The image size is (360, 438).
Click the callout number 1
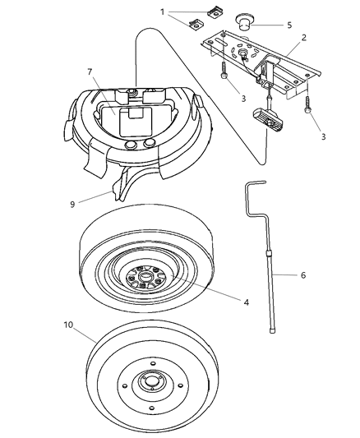163,12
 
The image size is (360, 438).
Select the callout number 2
304,39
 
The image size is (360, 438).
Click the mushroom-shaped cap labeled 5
244,22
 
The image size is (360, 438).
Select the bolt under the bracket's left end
222,71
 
